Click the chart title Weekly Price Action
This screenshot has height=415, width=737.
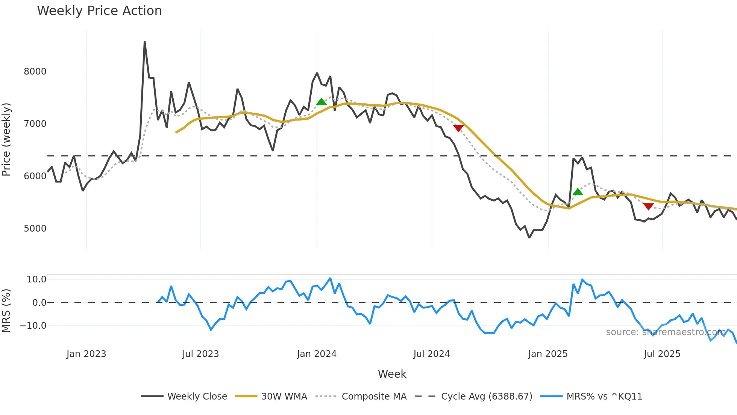pyautogui.click(x=99, y=11)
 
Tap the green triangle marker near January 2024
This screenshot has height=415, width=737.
pyautogui.click(x=321, y=101)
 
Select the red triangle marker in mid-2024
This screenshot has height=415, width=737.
pyautogui.click(x=458, y=128)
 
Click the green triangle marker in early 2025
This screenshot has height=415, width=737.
pyautogui.click(x=578, y=192)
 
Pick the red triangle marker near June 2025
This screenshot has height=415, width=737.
pyautogui.click(x=648, y=206)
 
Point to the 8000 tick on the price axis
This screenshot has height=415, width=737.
pyautogui.click(x=35, y=72)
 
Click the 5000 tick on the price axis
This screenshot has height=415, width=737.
pyautogui.click(x=35, y=229)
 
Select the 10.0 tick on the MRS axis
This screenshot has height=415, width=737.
pyautogui.click(x=36, y=279)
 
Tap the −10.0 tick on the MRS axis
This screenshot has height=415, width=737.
pyautogui.click(x=33, y=326)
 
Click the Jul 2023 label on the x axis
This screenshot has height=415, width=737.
pyautogui.click(x=200, y=354)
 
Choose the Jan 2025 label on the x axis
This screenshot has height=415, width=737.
pyautogui.click(x=547, y=354)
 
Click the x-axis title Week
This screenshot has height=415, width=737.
pyautogui.click(x=392, y=374)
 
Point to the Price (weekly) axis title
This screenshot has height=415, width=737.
pyautogui.click(x=6, y=139)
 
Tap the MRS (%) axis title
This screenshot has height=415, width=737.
pyautogui.click(x=6, y=311)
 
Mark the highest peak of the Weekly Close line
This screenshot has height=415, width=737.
pyautogui.click(x=145, y=42)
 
